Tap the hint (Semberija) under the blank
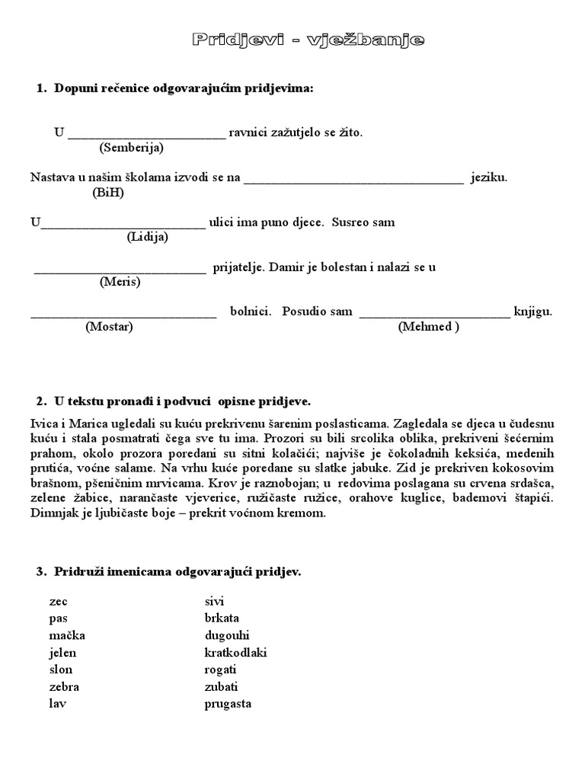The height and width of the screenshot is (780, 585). (x=131, y=147)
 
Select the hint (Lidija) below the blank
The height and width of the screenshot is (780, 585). (x=147, y=236)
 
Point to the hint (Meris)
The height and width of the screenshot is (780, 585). (x=120, y=281)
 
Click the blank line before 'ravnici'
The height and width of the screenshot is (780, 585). (x=146, y=134)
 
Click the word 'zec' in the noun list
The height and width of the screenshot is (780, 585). (x=58, y=602)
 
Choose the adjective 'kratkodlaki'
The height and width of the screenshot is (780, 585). (x=236, y=653)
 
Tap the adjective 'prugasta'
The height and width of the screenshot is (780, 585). (x=228, y=704)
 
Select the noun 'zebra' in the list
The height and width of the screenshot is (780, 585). (x=63, y=687)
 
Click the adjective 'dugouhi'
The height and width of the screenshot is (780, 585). (x=227, y=635)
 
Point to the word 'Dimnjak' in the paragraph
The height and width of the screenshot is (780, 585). (x=51, y=513)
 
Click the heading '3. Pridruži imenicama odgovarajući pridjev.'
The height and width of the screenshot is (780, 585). (x=174, y=571)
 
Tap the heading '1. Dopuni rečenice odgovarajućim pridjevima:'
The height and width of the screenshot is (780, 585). (x=175, y=89)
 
